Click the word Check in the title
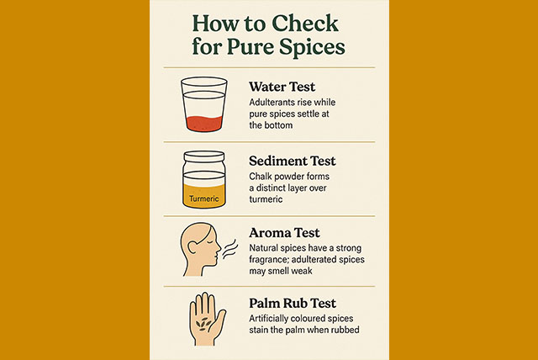[x=305, y=24]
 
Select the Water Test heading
[x=282, y=87]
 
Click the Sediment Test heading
[x=293, y=161]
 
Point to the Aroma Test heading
[x=284, y=233]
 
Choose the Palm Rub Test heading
[x=293, y=303]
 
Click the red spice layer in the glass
[x=204, y=124]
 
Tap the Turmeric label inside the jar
[x=203, y=199]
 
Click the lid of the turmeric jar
[x=204, y=156]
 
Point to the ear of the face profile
[x=193, y=248]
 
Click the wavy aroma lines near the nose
[x=229, y=249]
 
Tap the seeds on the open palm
[x=203, y=324]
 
